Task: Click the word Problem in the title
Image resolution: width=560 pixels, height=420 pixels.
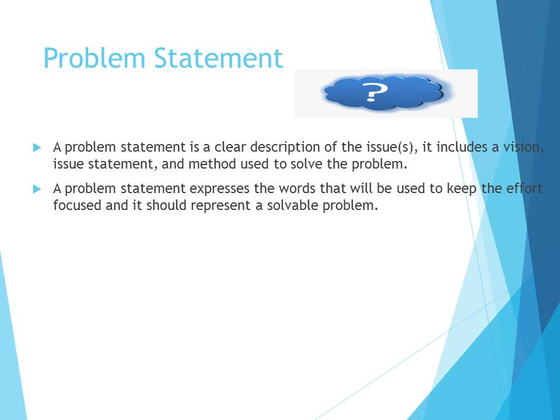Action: pyautogui.click(x=94, y=58)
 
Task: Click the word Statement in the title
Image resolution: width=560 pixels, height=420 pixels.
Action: pyautogui.click(x=219, y=58)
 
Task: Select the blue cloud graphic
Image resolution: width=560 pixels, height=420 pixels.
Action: pyautogui.click(x=384, y=93)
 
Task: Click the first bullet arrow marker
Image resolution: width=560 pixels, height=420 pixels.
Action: pyautogui.click(x=37, y=148)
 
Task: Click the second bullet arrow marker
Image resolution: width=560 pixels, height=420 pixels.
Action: pyautogui.click(x=37, y=189)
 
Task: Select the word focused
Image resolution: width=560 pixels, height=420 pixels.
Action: pyautogui.click(x=77, y=205)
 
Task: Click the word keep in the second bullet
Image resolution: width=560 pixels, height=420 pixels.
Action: pyautogui.click(x=462, y=189)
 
